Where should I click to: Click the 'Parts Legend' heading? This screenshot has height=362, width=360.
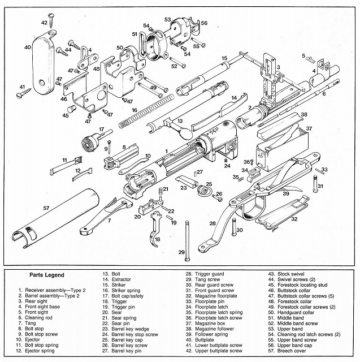[x=50, y=275]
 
